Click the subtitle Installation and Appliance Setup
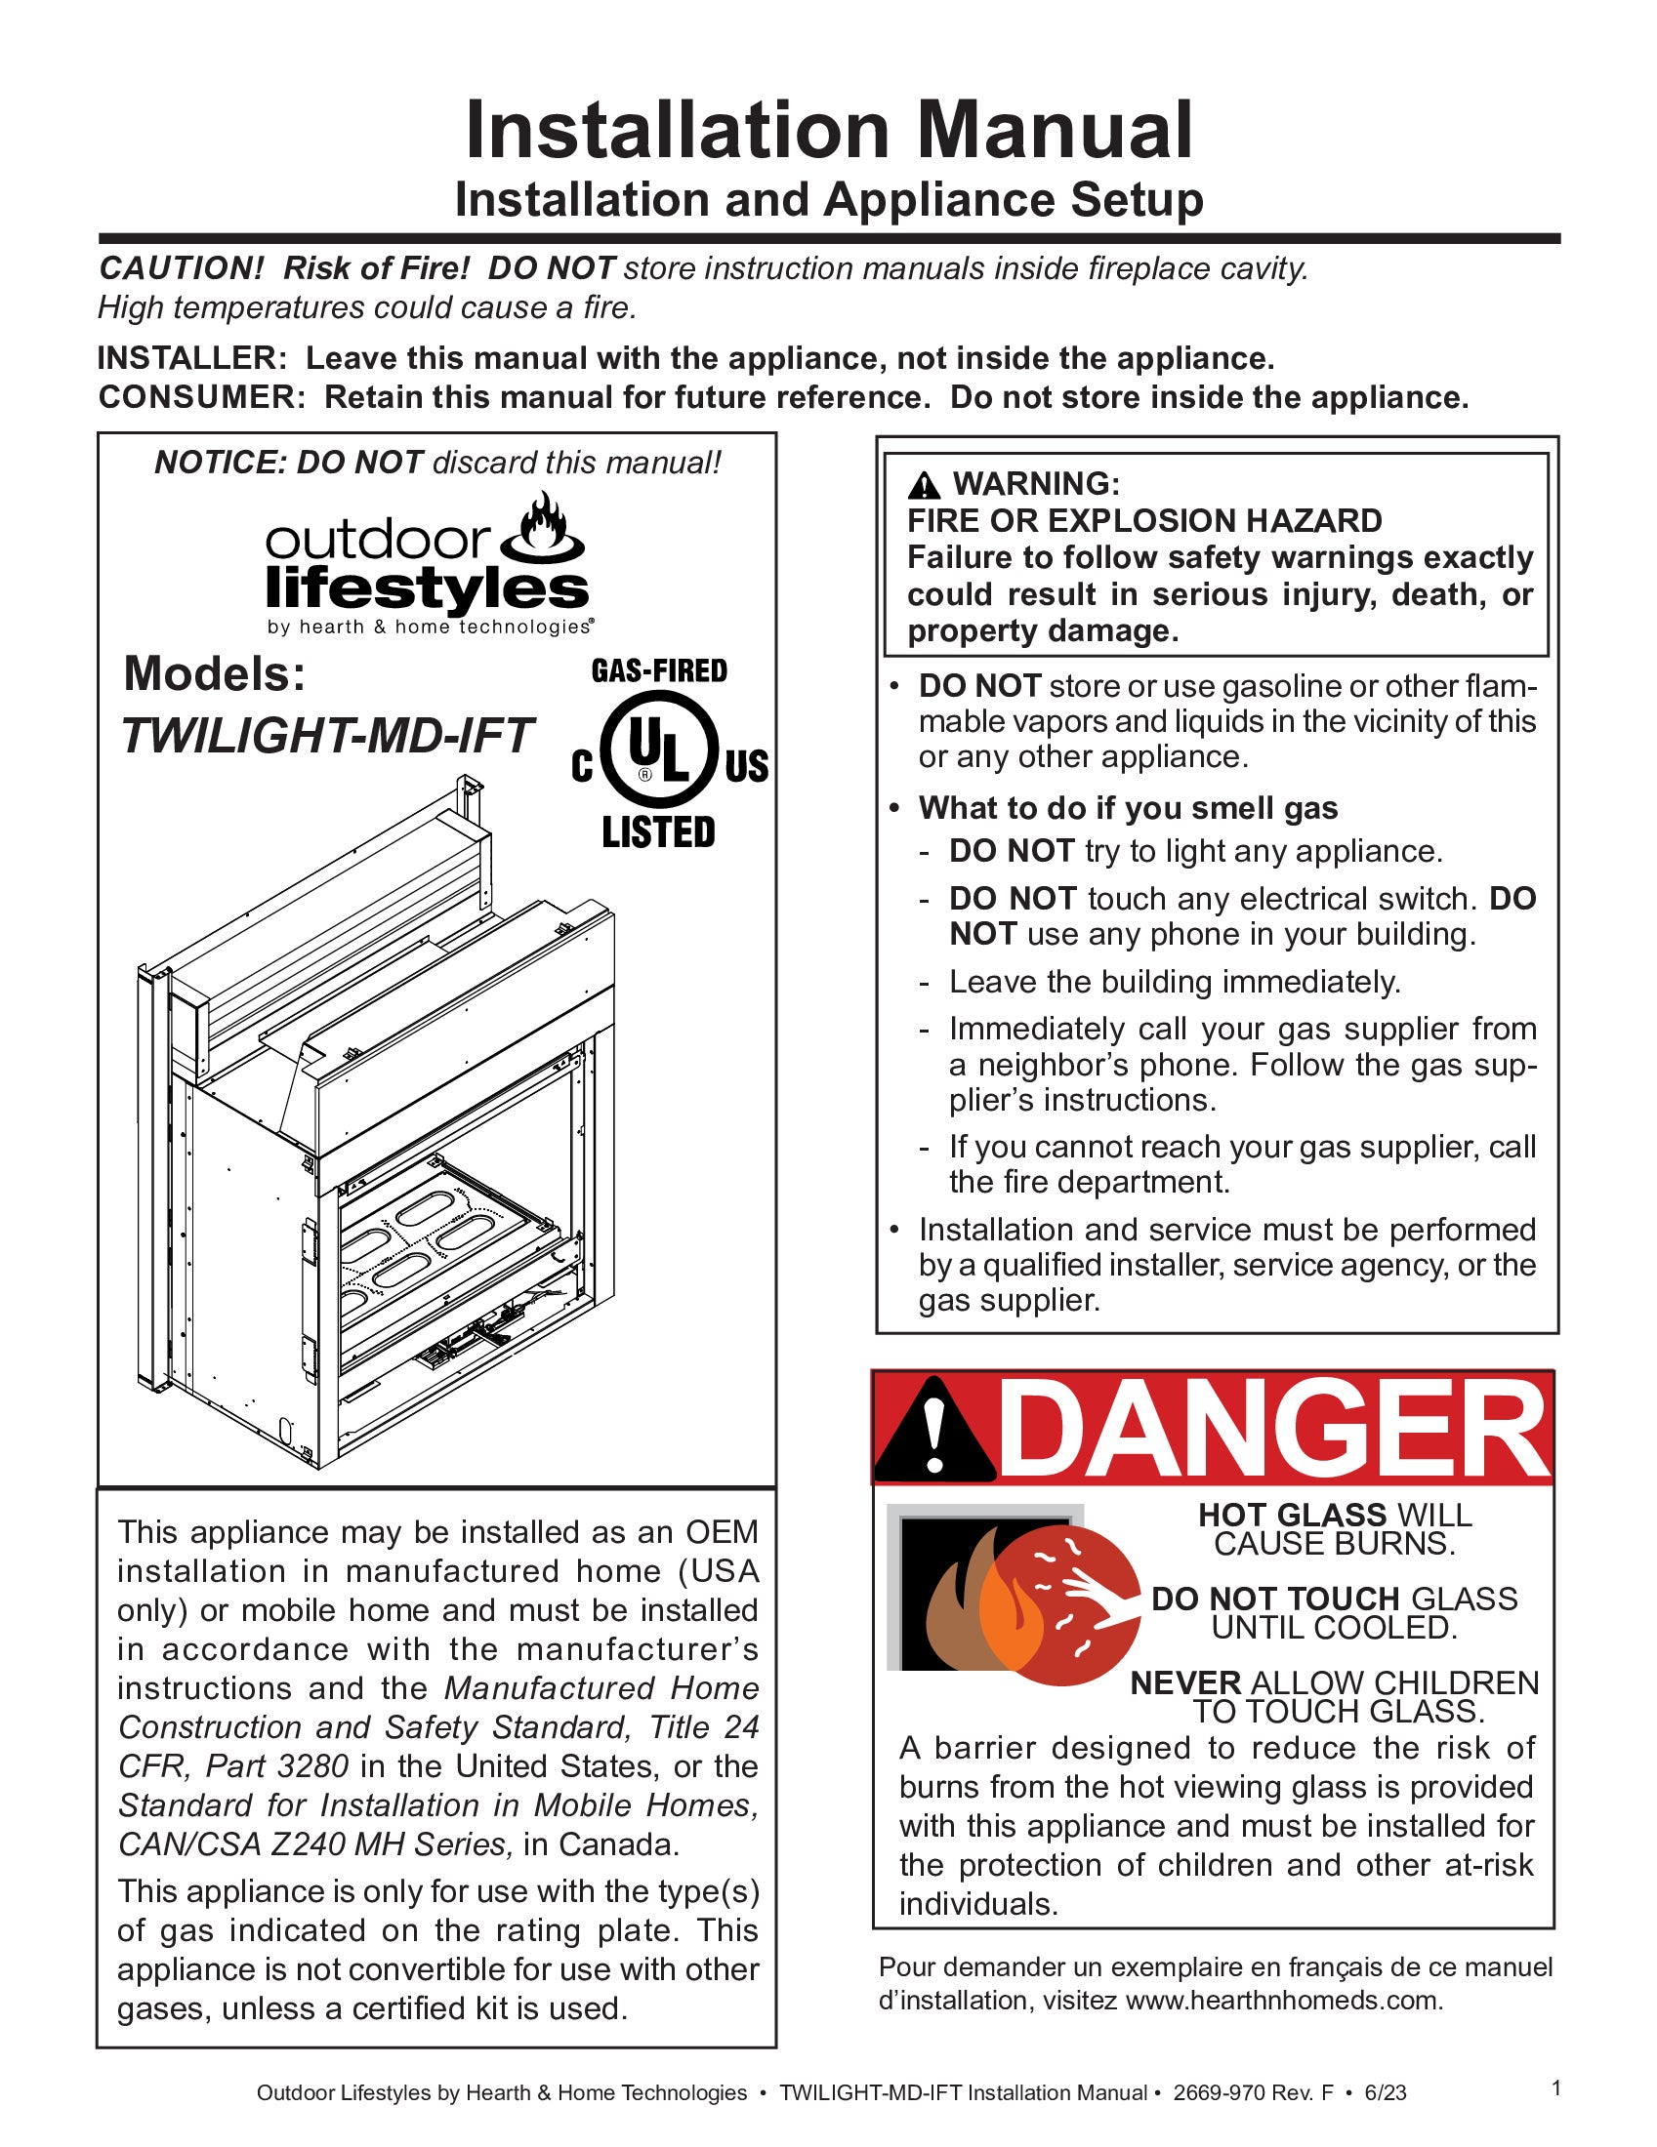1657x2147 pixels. click(828, 200)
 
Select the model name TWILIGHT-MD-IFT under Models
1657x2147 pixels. click(326, 735)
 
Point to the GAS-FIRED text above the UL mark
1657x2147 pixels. click(659, 671)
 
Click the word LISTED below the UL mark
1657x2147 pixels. click(659, 832)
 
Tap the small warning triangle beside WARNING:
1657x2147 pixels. click(925, 485)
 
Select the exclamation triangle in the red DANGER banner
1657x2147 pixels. click(935, 1435)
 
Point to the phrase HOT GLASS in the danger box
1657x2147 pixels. click(1291, 1515)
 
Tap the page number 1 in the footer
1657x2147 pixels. click(1555, 2088)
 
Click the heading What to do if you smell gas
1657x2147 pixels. click(1128, 808)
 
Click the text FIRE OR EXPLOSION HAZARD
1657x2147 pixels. click(1143, 520)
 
